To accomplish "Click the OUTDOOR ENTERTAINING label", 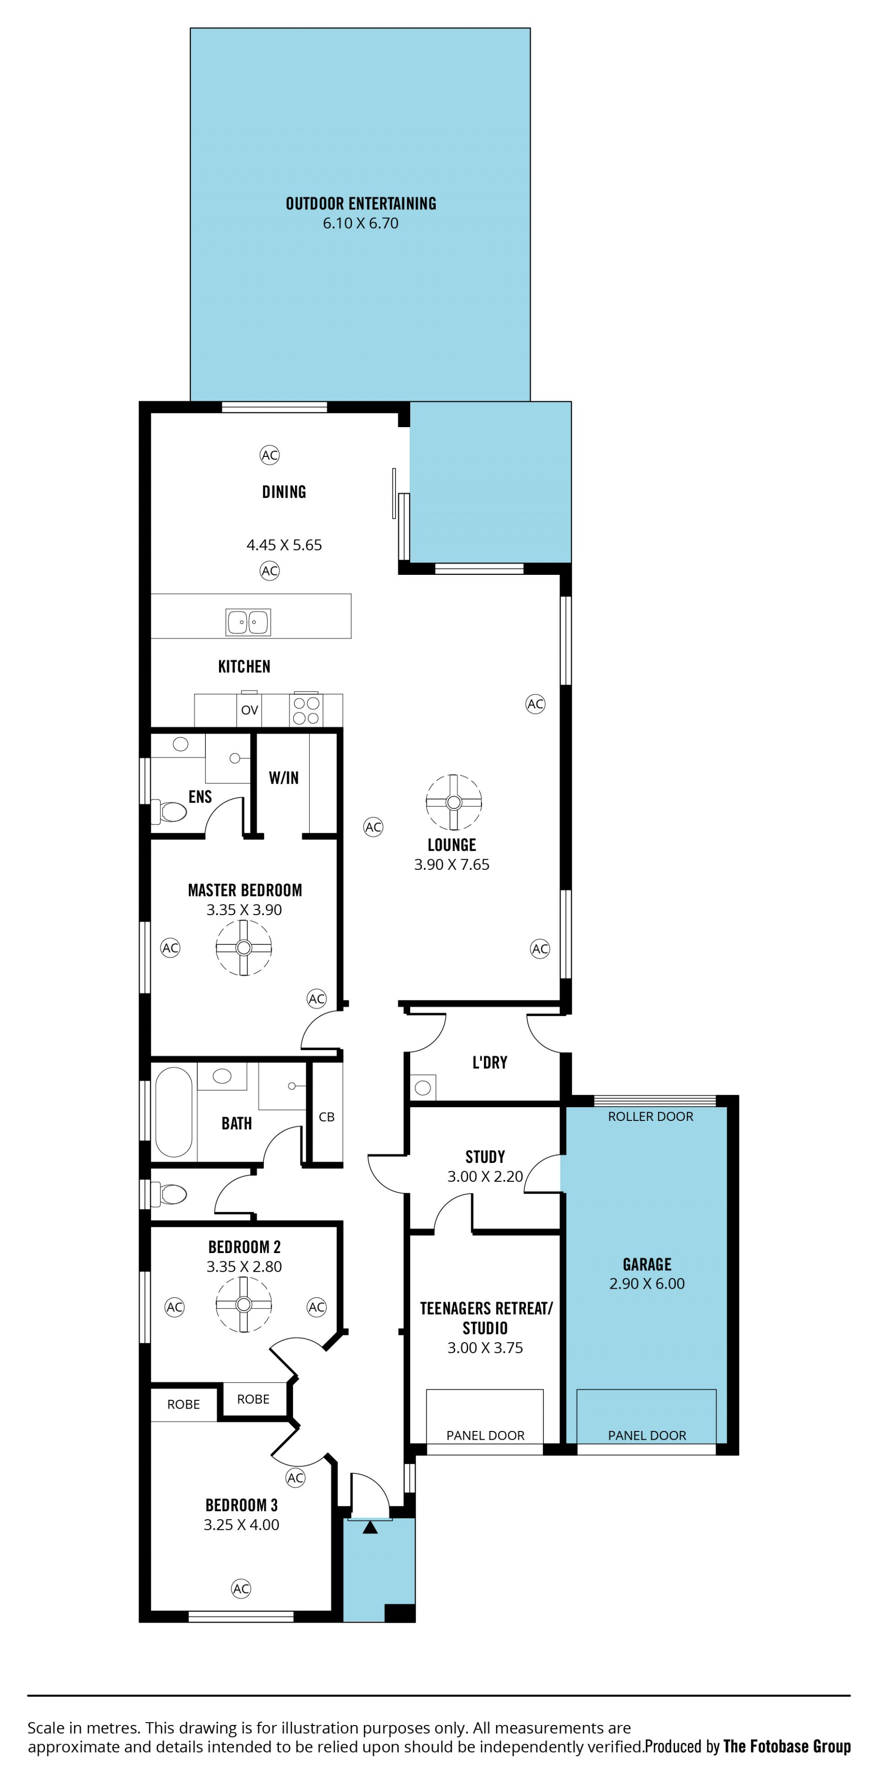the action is click(361, 204).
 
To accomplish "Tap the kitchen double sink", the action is click(248, 622).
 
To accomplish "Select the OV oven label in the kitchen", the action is click(249, 710).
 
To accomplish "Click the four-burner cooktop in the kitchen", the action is click(305, 710).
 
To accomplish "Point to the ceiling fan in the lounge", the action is click(454, 802).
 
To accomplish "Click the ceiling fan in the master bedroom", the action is click(244, 948).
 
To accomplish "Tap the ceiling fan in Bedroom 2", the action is click(244, 1304).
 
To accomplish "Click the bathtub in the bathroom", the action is click(173, 1112).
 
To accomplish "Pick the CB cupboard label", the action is click(327, 1117).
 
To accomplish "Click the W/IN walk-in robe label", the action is click(284, 778).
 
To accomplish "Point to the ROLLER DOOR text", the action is click(650, 1116).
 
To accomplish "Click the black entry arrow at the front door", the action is click(370, 1527).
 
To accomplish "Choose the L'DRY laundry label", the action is click(490, 1062).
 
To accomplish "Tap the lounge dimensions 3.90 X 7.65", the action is click(451, 864).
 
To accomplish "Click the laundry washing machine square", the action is click(423, 1088).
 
